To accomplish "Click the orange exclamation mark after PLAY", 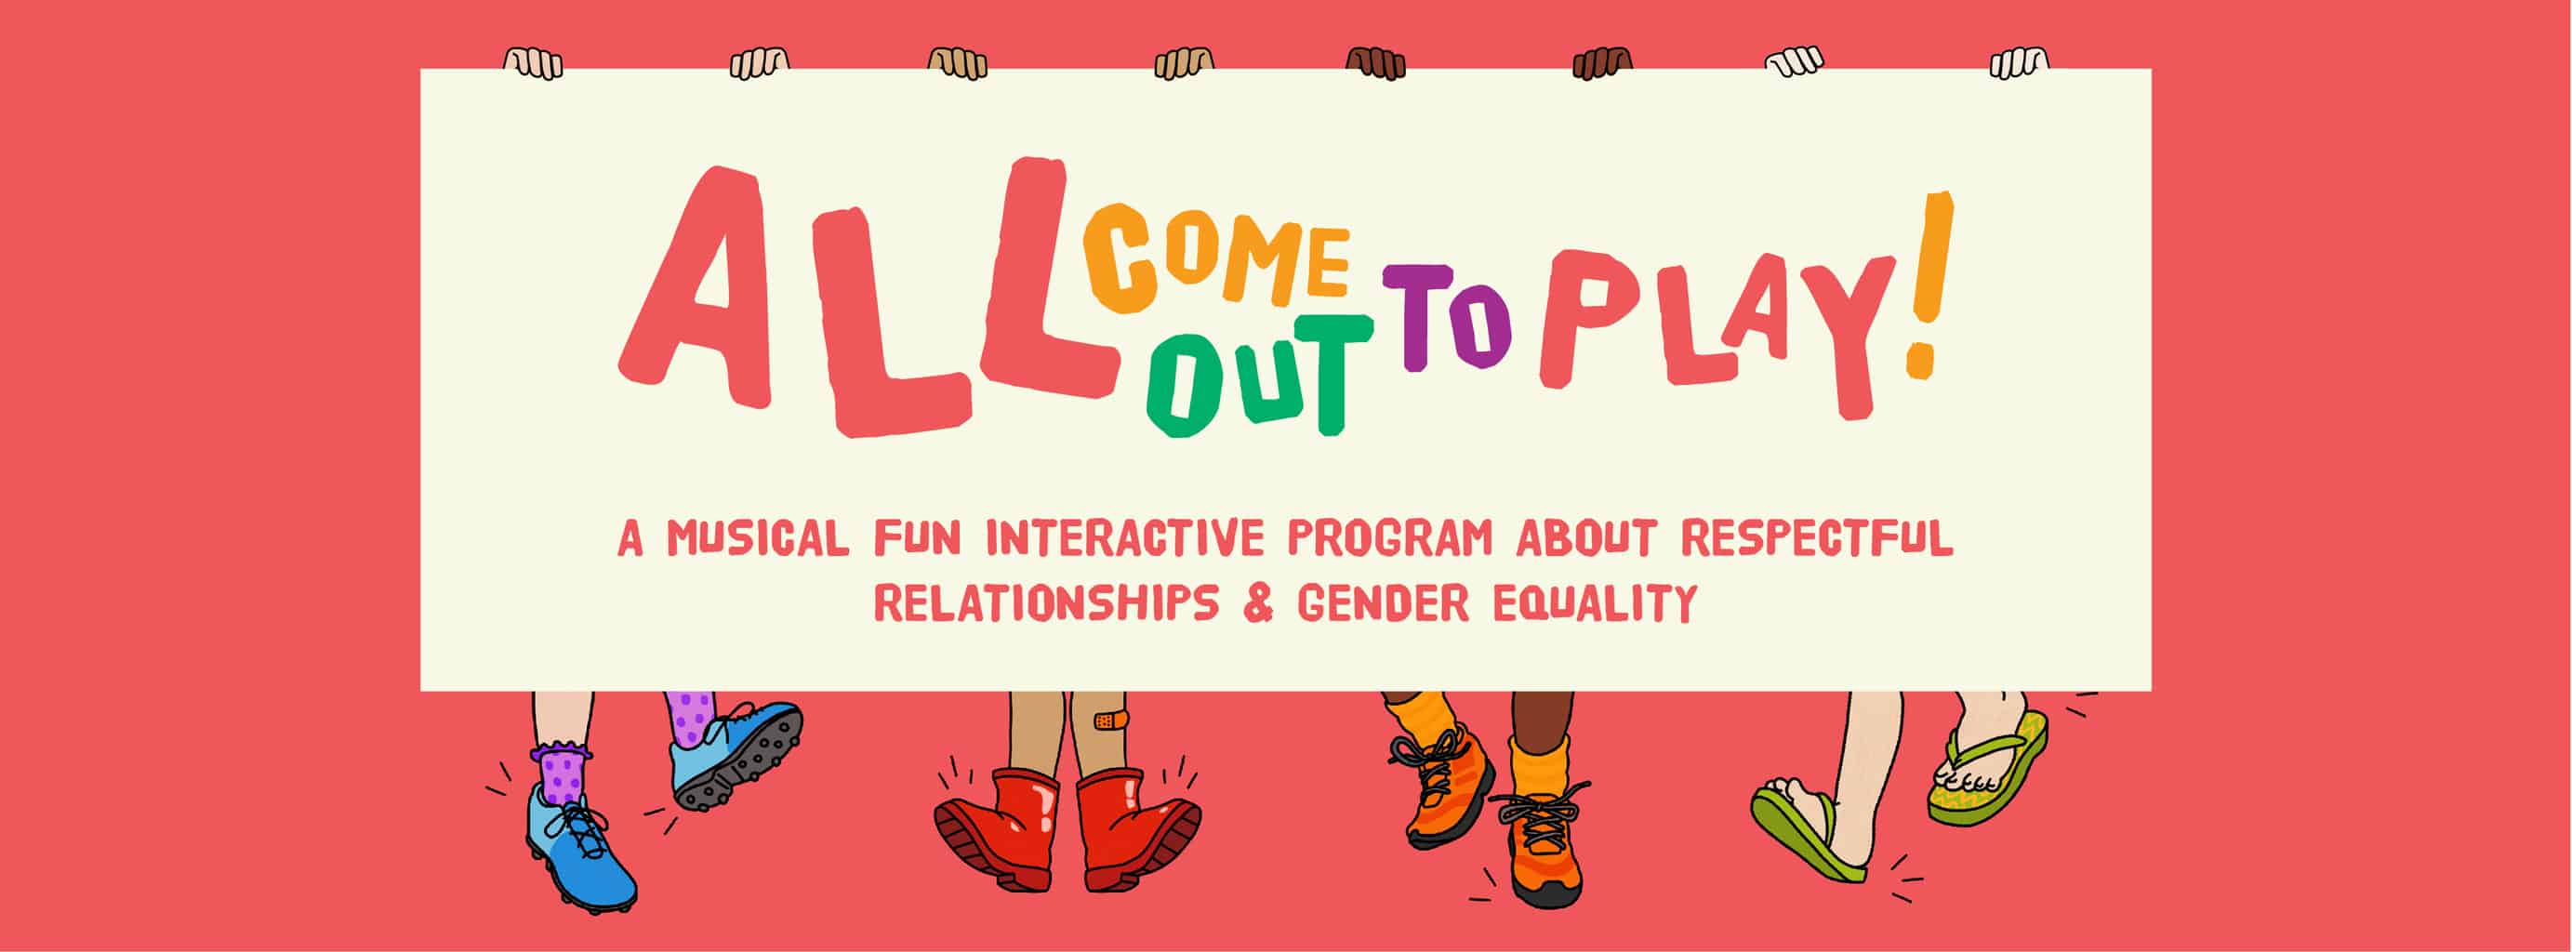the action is pyautogui.click(x=1929, y=284).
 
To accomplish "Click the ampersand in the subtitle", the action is pyautogui.click(x=1258, y=602).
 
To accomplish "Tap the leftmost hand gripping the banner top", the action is pyautogui.click(x=532, y=63).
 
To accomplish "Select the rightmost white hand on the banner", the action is pyautogui.click(x=2019, y=63).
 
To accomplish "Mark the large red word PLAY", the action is pyautogui.click(x=1717, y=329).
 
